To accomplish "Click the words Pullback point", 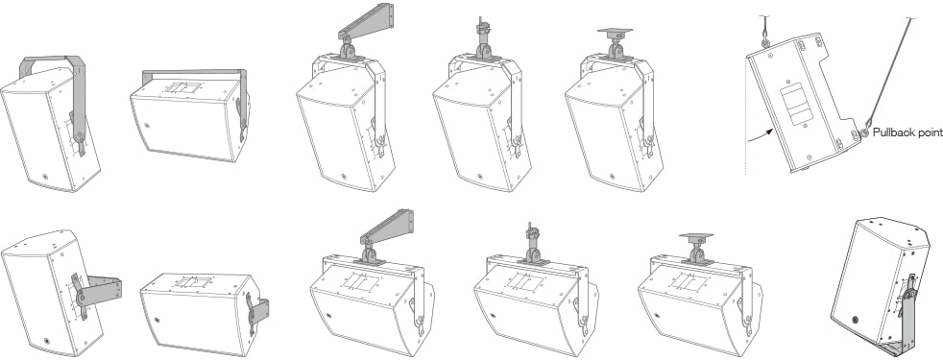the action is (x=907, y=132).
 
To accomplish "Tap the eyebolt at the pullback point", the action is (x=863, y=132).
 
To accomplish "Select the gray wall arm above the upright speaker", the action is (x=366, y=22).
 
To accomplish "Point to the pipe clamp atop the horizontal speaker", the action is (x=531, y=243).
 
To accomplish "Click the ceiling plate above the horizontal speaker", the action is (x=696, y=237).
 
